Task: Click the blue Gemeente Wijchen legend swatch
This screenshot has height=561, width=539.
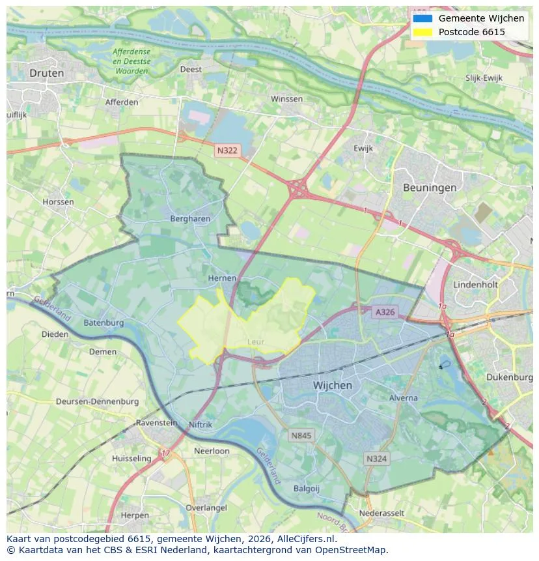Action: click(422, 18)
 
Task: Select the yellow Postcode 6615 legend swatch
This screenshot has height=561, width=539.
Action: click(422, 32)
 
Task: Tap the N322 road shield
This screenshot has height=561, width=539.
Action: click(227, 151)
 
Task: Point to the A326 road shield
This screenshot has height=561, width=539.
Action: click(384, 313)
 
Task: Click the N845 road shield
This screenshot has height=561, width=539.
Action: click(301, 435)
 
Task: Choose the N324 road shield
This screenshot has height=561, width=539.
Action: click(376, 459)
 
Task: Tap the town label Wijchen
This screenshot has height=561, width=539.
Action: click(332, 385)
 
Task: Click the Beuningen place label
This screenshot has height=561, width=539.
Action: click(429, 188)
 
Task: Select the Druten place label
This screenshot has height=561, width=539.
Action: click(47, 73)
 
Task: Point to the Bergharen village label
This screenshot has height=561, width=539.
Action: click(190, 219)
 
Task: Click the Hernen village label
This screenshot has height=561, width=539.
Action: click(222, 278)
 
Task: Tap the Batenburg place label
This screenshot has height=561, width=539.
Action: click(104, 323)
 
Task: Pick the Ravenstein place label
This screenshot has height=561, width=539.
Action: click(156, 422)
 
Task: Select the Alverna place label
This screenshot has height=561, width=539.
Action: click(403, 397)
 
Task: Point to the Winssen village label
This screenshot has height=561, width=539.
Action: click(286, 99)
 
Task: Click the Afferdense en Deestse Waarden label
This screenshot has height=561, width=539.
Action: click(131, 61)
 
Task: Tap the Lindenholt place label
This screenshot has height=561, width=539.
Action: click(475, 285)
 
